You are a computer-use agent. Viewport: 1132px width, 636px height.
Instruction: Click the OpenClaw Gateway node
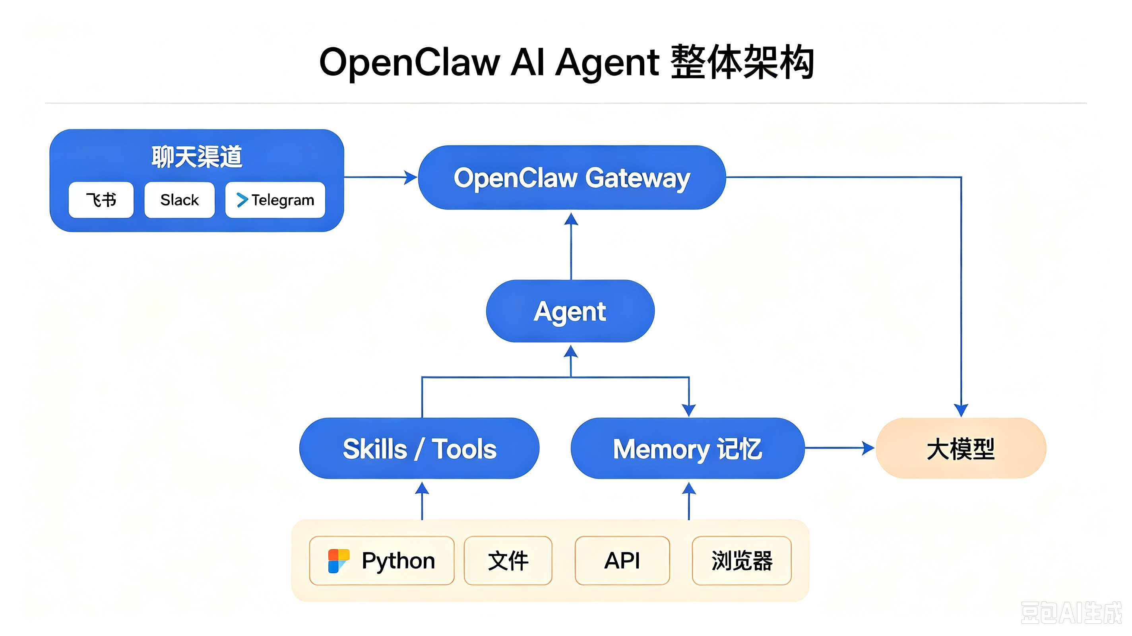(x=572, y=178)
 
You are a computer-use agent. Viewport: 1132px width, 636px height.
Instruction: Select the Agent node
(x=570, y=311)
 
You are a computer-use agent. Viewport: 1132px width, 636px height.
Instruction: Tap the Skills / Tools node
(x=419, y=448)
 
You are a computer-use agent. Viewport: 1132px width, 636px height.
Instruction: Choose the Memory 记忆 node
(x=688, y=448)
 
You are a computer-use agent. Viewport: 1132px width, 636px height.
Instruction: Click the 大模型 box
(x=961, y=448)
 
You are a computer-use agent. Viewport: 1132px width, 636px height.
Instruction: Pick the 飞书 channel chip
(x=101, y=200)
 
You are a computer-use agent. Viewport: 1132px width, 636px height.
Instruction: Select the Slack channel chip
(x=180, y=200)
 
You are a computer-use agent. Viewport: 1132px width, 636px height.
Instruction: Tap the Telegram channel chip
(x=275, y=200)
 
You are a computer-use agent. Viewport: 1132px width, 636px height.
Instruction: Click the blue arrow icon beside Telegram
(x=242, y=200)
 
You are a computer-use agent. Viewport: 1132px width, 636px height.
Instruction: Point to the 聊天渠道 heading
(x=197, y=157)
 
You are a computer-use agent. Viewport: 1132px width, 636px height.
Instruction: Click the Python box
(x=382, y=561)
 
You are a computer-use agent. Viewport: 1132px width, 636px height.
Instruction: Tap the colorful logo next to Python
(x=339, y=561)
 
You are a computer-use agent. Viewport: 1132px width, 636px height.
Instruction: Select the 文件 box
(x=508, y=561)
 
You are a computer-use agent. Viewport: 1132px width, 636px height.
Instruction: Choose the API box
(x=622, y=561)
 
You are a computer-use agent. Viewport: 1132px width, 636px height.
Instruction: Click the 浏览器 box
(x=742, y=561)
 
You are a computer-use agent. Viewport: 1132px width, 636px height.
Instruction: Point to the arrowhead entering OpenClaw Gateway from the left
(x=411, y=178)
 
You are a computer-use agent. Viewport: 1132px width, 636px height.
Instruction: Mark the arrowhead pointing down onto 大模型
(x=961, y=411)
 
